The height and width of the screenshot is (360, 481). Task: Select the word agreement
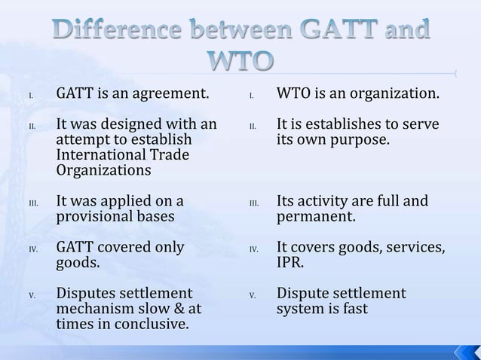pyautogui.click(x=171, y=95)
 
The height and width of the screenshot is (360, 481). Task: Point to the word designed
pyautogui.click(x=134, y=124)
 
